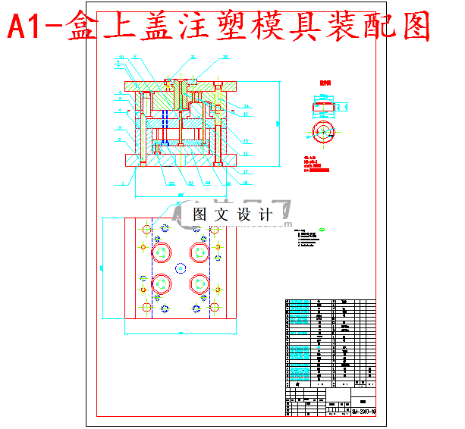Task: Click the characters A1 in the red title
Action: pyautogui.click(x=30, y=29)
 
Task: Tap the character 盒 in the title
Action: pyautogui.click(x=83, y=29)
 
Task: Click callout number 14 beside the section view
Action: pyautogui.click(x=247, y=105)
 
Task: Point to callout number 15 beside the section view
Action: pyautogui.click(x=247, y=140)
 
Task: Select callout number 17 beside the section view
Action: pyautogui.click(x=247, y=171)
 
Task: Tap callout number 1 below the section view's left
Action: pyautogui.click(x=122, y=183)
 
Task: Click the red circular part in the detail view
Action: pyautogui.click(x=322, y=131)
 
